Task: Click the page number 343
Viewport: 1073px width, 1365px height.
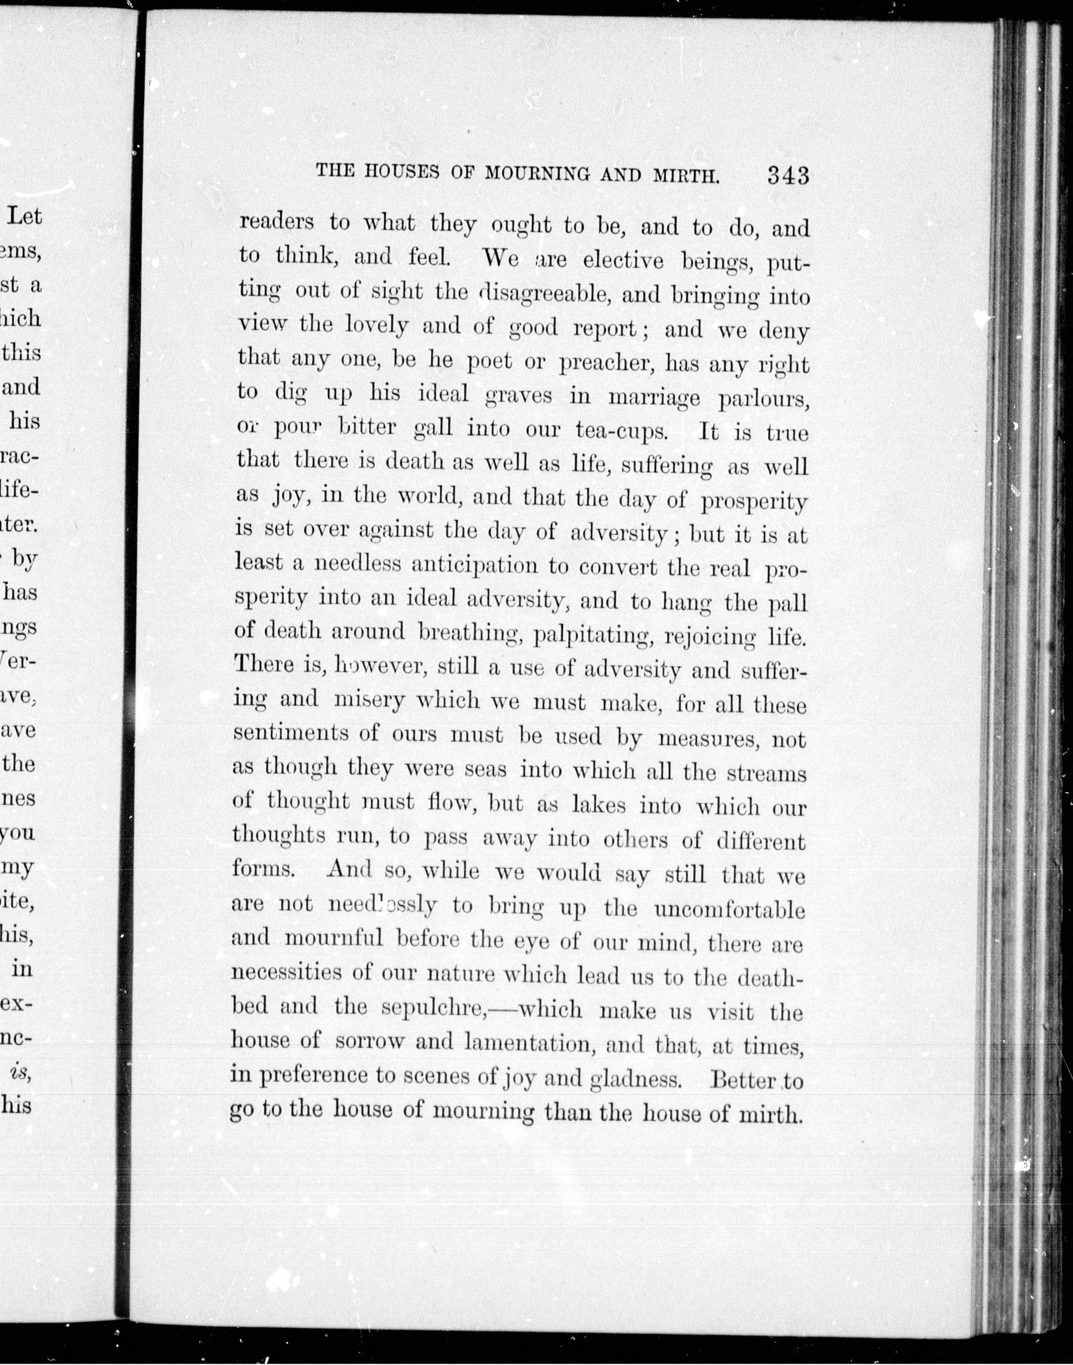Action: coord(788,175)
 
